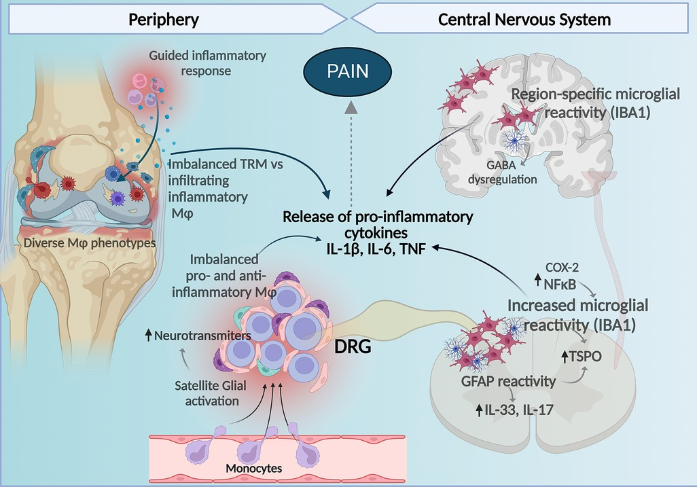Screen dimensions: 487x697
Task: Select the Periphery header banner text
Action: [164, 20]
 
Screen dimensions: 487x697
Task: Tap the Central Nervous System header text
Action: [524, 20]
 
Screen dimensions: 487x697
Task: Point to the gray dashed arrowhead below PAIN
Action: [350, 107]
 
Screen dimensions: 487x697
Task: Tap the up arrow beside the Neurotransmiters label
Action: [149, 335]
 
